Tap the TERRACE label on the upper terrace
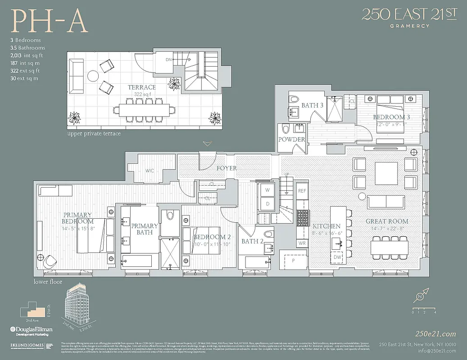pos(141,87)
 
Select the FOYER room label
pos(227,168)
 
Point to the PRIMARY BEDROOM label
pos(77,218)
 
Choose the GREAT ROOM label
pos(387,221)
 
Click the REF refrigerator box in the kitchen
pos(302,191)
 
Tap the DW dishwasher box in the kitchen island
pos(337,257)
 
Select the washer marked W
pos(267,190)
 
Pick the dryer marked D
pos(267,204)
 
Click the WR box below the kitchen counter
pos(302,243)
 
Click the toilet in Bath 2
pos(268,234)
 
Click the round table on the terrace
pos(93,76)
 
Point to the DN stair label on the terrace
pos(168,59)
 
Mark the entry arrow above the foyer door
pos(207,144)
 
